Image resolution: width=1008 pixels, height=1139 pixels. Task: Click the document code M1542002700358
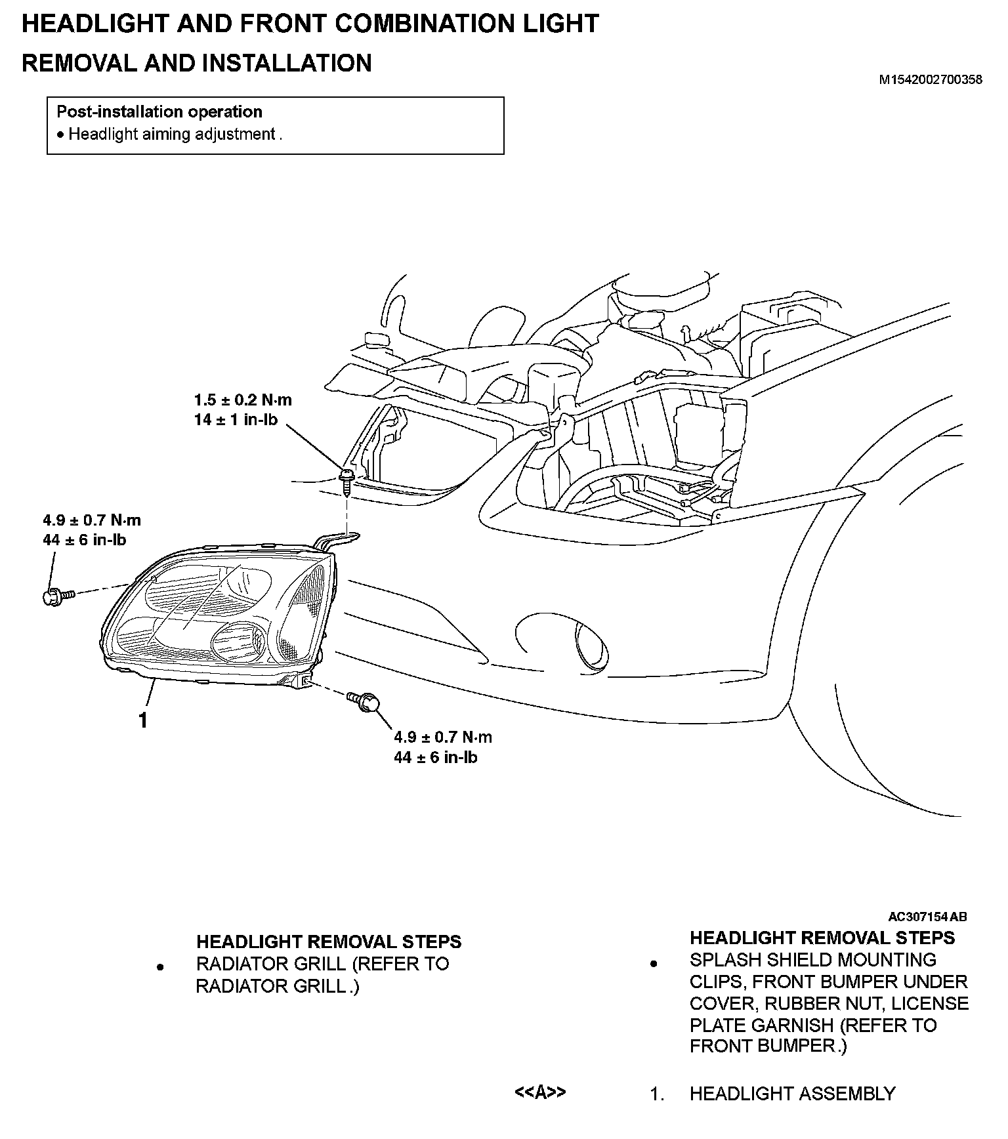[x=931, y=80]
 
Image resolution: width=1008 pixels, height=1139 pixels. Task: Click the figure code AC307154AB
[x=927, y=917]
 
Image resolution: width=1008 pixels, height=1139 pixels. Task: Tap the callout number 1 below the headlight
[x=142, y=720]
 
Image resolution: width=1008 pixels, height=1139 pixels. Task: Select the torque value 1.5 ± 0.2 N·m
[x=243, y=400]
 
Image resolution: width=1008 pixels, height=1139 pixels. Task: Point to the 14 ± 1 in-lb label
[x=236, y=419]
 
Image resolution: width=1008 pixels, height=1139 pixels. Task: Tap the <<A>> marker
[x=539, y=1092]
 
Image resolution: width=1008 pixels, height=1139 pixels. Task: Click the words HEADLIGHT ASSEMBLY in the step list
[x=792, y=1094]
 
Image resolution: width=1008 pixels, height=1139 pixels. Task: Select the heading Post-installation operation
[x=159, y=112]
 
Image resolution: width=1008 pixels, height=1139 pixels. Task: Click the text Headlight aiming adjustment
[x=172, y=135]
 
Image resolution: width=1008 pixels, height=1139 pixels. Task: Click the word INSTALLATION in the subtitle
[x=287, y=63]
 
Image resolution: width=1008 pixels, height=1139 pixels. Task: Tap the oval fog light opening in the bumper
[x=589, y=644]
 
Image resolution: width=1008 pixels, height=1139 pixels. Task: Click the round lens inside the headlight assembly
[x=240, y=638]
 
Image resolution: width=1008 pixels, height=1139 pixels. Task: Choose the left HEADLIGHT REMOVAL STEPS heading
[x=329, y=942]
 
